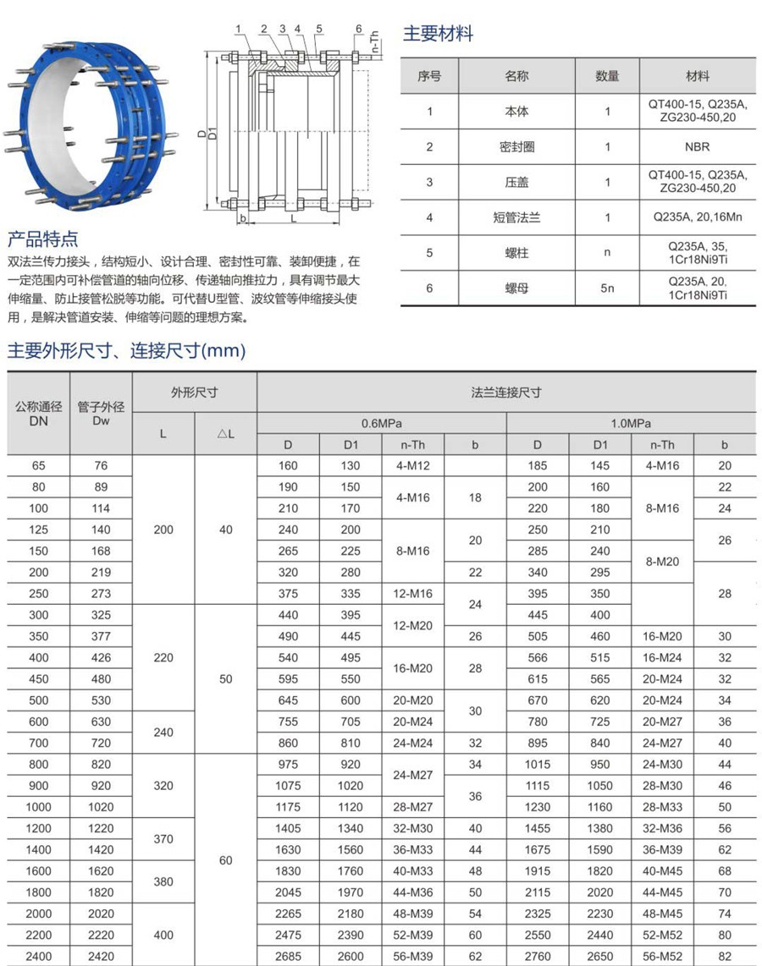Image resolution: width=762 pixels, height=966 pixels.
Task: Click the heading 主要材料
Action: pos(438,34)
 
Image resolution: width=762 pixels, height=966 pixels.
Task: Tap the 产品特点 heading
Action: pos(42,239)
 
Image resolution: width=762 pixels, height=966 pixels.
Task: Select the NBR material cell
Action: pos(697,146)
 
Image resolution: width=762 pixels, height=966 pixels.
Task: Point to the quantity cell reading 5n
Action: pos(607,288)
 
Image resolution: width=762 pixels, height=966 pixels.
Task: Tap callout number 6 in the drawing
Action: pos(359,29)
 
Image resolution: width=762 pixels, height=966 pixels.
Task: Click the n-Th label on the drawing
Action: pos(373,42)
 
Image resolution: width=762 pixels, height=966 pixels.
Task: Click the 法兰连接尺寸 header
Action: pos(506,392)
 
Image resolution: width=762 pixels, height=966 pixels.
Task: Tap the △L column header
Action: pos(225,434)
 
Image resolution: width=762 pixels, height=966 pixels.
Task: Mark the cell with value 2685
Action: pos(288,957)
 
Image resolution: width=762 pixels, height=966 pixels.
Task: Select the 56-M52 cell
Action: pos(662,957)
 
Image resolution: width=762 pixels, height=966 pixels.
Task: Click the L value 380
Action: pos(163,881)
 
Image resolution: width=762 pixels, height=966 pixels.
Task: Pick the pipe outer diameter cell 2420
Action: pos(102,957)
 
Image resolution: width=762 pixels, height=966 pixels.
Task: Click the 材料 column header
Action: pos(698,76)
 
